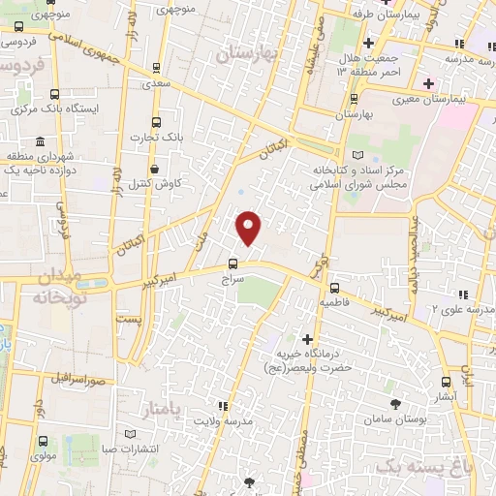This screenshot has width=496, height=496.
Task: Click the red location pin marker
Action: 250,228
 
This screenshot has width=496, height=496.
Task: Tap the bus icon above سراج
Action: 232,263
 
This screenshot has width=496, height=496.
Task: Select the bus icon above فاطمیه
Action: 334,288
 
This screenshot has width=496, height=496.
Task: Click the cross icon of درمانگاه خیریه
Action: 307,340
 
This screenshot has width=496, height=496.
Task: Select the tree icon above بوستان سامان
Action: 395,404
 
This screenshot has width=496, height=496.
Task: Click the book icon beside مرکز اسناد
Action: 358,155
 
